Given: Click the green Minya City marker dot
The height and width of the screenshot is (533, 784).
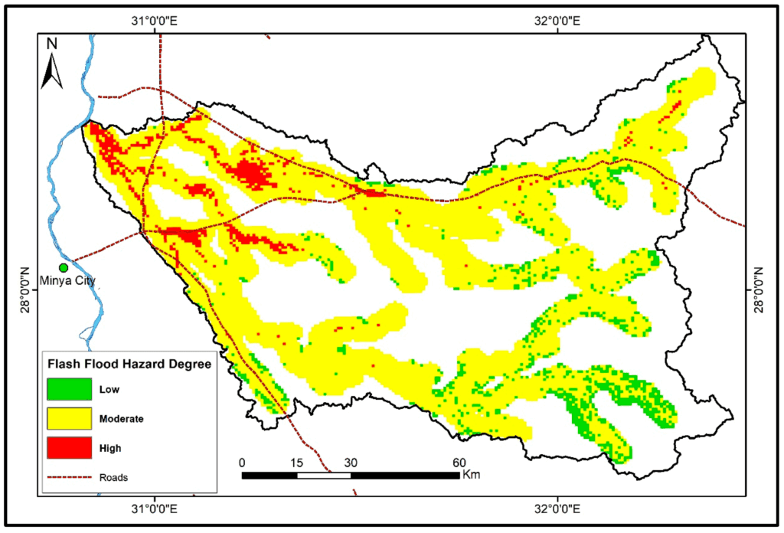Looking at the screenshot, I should pos(64,267).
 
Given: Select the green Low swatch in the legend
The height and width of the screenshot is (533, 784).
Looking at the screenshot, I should pos(69,389).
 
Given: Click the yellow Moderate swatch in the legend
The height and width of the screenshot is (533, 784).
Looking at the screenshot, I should pos(69,418).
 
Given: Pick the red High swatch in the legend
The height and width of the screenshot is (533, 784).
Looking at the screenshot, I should pos(69,447).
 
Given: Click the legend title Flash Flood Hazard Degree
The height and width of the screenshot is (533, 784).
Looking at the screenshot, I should pos(129,364).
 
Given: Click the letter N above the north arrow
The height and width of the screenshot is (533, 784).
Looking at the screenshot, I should pos(51,44).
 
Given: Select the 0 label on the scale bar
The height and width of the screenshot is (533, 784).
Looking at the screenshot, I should pos(243,462).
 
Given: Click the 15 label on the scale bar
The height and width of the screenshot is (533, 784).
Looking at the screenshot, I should pos(296,462).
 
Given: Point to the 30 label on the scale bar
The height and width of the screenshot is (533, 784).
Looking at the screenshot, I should pos(351,462).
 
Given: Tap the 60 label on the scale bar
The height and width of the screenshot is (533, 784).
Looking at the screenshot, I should pos(459,462).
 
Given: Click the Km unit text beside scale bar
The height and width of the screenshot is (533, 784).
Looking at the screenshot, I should pos(472,475).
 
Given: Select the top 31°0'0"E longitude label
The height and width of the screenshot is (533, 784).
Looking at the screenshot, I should pos(155,22).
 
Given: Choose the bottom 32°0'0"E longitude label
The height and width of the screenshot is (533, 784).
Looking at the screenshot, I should pos(558,508).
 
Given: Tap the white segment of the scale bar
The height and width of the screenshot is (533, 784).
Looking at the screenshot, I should pos(324,475).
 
